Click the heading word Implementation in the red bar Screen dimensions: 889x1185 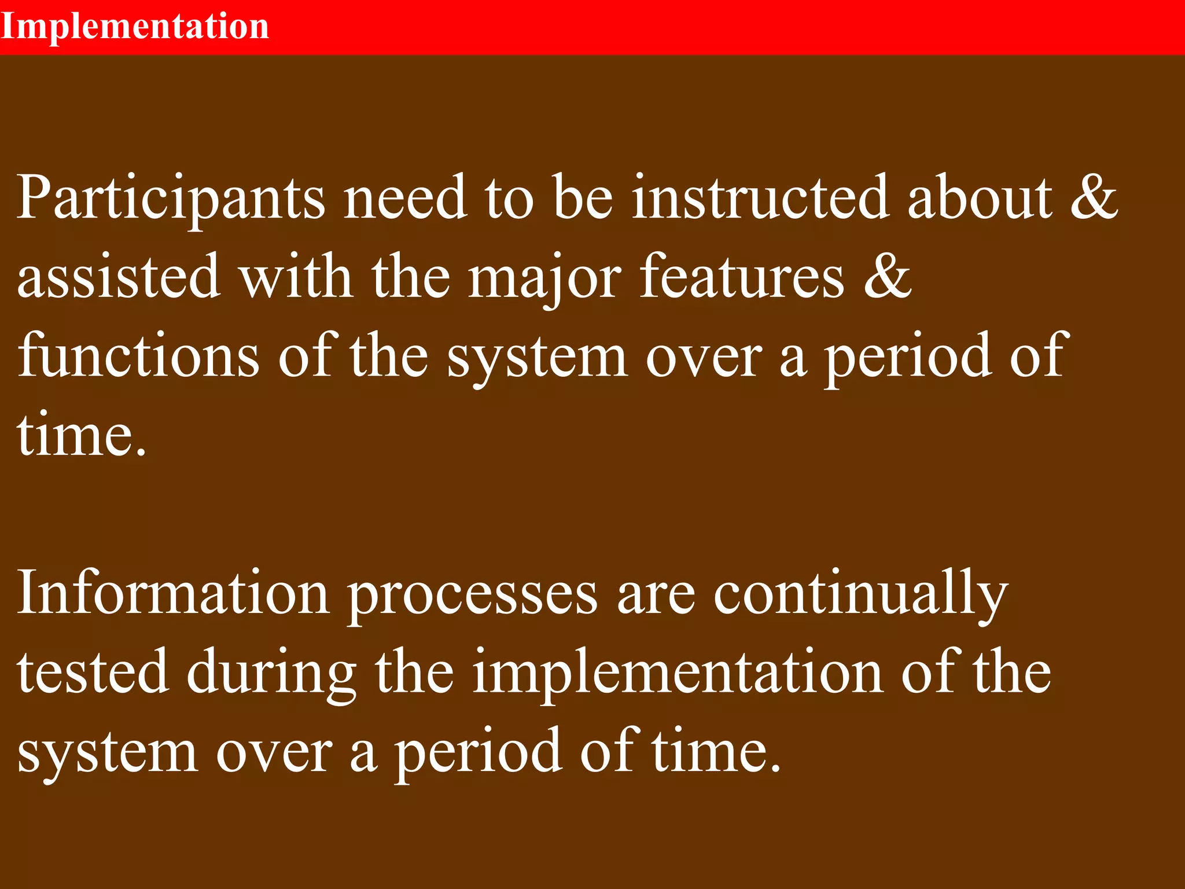click(135, 27)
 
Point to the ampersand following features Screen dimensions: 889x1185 click(887, 277)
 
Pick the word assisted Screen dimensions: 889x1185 click(119, 277)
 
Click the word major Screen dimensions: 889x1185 click(544, 277)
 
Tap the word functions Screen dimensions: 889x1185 click(138, 357)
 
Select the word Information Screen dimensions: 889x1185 click(173, 594)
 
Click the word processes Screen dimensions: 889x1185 click(472, 594)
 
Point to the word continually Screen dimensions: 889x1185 click(860, 594)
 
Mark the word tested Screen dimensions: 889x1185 click(93, 673)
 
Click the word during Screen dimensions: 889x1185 click(271, 673)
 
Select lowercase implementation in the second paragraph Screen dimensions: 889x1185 click(678, 673)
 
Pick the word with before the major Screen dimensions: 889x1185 click(296, 277)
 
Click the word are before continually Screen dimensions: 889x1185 click(656, 594)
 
